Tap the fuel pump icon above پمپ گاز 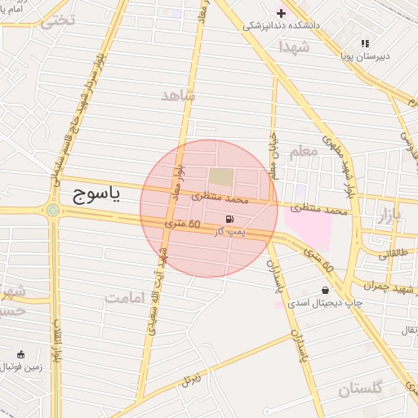click(x=230, y=219)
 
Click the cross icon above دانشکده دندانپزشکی click(x=282, y=13)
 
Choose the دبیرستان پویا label click(x=364, y=56)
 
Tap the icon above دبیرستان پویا click(x=365, y=43)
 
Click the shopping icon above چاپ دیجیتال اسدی click(x=326, y=290)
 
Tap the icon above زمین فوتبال click(x=21, y=354)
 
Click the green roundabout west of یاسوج click(x=53, y=210)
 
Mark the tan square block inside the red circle click(x=220, y=176)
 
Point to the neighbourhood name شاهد click(x=179, y=96)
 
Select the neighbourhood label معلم click(x=303, y=150)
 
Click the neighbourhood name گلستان click(x=360, y=389)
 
